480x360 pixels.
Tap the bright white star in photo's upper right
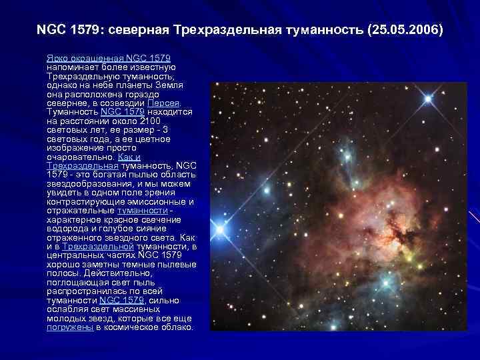[427, 99]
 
